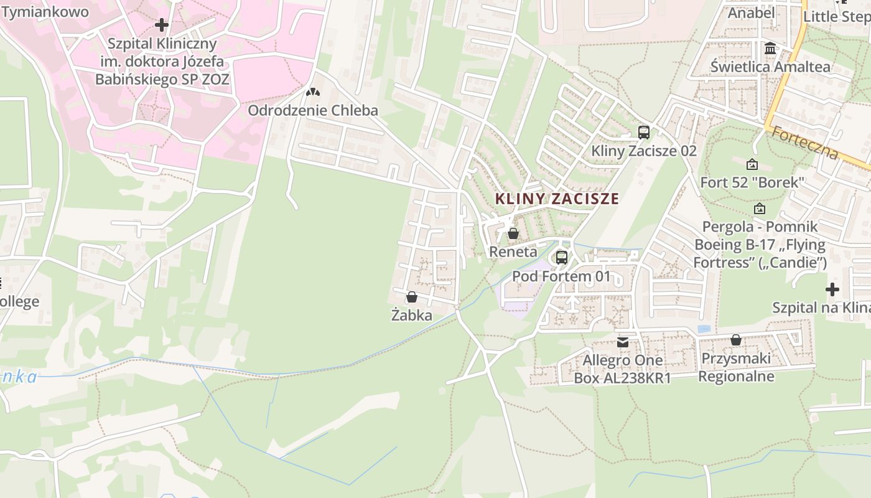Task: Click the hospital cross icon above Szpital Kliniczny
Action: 162,25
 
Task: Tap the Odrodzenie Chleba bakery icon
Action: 313,92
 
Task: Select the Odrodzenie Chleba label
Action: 313,111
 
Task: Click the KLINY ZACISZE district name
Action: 557,199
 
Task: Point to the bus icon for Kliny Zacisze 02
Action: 644,132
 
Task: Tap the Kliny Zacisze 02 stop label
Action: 644,151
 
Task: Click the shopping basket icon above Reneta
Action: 513,233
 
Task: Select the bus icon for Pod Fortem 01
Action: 562,257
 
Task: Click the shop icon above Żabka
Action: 411,297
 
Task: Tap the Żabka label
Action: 411,316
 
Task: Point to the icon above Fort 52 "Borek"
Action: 752,164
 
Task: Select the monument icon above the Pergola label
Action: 759,209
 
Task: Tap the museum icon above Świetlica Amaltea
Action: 770,48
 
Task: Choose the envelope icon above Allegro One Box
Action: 623,342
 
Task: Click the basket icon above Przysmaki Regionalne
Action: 736,340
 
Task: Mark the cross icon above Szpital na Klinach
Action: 832,289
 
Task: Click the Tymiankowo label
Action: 45,12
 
